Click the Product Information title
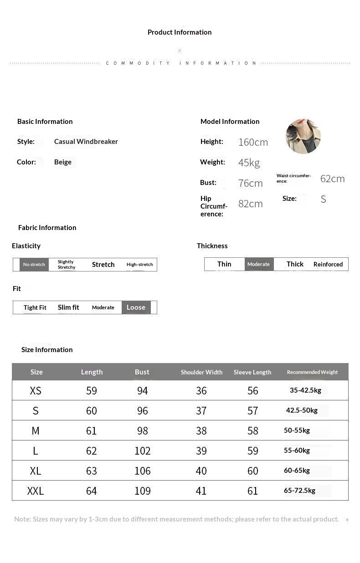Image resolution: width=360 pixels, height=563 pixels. [x=180, y=32]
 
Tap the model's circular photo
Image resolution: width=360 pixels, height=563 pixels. [x=303, y=136]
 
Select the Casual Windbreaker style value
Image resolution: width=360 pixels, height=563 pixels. [x=86, y=142]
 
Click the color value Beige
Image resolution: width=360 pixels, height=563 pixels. [x=63, y=162]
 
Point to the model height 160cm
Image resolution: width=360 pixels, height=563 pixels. [x=253, y=142]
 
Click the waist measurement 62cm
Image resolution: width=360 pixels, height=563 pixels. [x=332, y=179]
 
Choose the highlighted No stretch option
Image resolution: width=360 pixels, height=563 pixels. [x=34, y=265]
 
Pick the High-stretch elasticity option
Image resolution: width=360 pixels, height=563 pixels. [x=140, y=265]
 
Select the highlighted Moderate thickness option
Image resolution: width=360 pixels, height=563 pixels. [x=258, y=264]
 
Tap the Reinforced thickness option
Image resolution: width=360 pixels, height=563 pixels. [x=328, y=264]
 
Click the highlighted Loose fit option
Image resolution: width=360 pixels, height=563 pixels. [x=136, y=307]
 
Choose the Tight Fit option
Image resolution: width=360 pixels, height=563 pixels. [x=35, y=307]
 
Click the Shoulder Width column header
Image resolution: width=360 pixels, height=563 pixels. [x=201, y=372]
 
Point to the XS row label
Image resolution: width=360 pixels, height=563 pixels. [x=36, y=391]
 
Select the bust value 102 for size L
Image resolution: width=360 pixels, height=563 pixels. [x=142, y=451]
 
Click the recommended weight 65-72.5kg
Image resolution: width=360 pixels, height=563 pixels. [x=299, y=491]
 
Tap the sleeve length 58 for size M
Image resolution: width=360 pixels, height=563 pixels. [x=252, y=431]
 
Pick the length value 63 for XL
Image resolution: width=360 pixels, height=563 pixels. [x=92, y=471]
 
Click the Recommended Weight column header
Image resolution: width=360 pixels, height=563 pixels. [x=312, y=372]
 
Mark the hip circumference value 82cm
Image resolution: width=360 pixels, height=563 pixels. [x=250, y=204]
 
